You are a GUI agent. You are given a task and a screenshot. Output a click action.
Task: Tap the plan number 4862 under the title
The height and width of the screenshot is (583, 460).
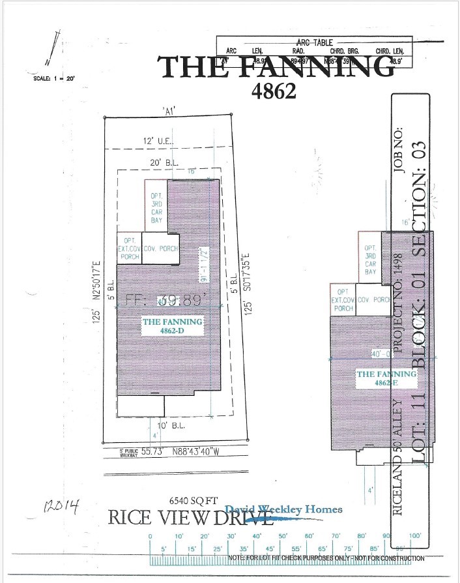pos(274,91)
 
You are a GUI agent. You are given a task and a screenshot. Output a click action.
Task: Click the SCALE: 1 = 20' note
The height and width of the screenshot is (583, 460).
pos(55,79)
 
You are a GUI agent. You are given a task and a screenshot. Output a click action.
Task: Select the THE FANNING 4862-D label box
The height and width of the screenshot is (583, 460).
pos(173,326)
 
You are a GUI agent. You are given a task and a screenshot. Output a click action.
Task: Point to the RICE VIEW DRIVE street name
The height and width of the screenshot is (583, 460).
pos(189,518)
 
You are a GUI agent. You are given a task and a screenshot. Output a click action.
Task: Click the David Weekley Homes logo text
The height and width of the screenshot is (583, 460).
pos(283,510)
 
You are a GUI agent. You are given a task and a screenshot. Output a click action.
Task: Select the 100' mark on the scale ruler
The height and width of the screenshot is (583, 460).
pos(416,536)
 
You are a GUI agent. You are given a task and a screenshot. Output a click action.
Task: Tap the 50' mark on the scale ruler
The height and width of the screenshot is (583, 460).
pos(283,536)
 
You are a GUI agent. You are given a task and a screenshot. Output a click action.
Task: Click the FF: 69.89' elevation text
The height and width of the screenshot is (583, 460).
pos(166,301)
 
